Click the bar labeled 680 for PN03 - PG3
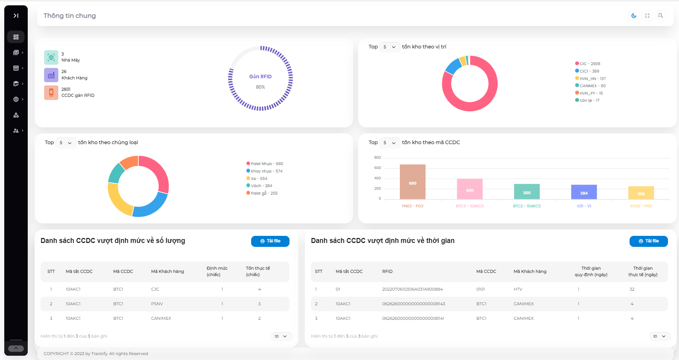413,182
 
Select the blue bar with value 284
584,192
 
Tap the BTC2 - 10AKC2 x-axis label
527,206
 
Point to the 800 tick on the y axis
377,157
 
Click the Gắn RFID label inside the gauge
260,76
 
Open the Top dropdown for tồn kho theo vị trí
390,47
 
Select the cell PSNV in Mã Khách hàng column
157,304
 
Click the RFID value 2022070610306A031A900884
412,289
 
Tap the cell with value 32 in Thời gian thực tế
632,289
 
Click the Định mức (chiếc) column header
217,271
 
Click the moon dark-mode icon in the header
633,16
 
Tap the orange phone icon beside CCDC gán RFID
51,92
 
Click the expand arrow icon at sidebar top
16,16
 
